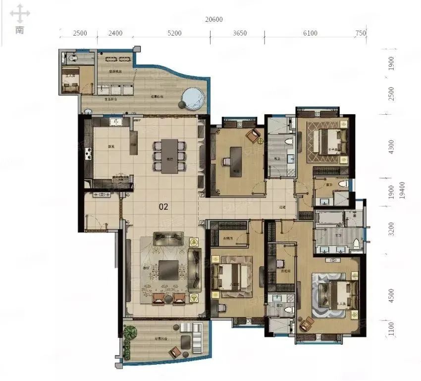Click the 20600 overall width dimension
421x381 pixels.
click(x=213, y=20)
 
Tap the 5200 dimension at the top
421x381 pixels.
click(x=174, y=34)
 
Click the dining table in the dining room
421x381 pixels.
click(x=169, y=156)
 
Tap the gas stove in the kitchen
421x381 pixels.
click(x=89, y=154)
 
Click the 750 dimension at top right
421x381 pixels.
click(x=361, y=34)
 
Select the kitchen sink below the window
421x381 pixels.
click(x=115, y=121)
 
